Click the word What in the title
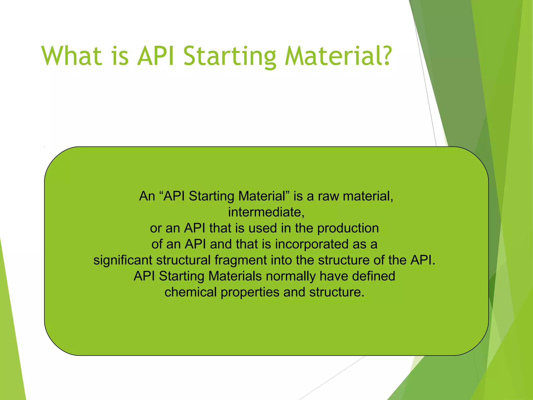coord(71,56)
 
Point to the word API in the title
coord(155,56)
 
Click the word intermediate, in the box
coord(266,212)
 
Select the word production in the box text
coord(348,228)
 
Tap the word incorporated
coord(312,244)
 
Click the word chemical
coord(191,292)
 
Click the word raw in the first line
coord(328,196)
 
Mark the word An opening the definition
coord(147,196)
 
